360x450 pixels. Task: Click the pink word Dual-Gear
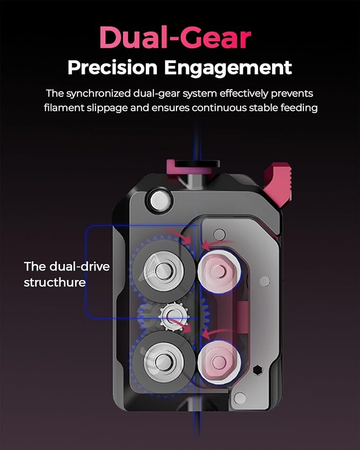[175, 37]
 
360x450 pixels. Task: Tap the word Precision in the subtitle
[112, 68]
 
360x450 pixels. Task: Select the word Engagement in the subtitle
[228, 68]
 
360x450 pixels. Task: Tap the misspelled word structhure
[55, 282]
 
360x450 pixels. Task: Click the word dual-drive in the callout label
[80, 266]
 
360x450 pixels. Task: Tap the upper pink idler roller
[219, 270]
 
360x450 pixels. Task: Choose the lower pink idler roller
[219, 362]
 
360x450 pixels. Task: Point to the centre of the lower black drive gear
[163, 361]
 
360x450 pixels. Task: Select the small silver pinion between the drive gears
[174, 316]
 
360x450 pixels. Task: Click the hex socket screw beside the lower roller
[258, 369]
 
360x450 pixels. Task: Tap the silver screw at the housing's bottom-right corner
[240, 398]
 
